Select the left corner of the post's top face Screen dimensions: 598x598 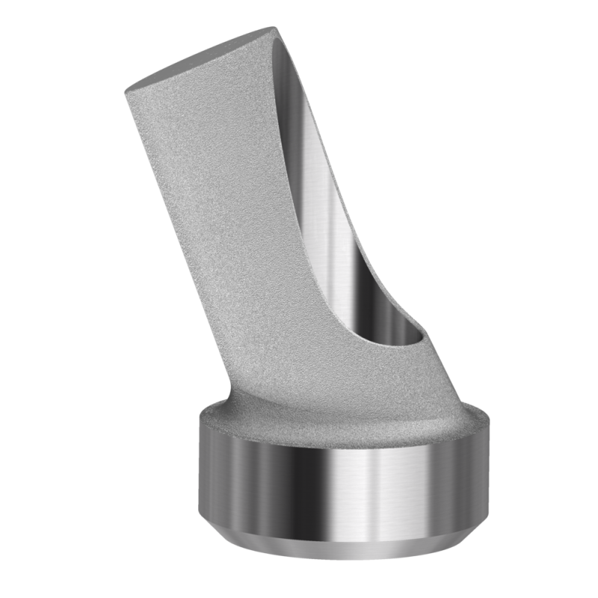(125, 91)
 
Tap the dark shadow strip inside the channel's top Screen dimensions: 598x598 (288, 82)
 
